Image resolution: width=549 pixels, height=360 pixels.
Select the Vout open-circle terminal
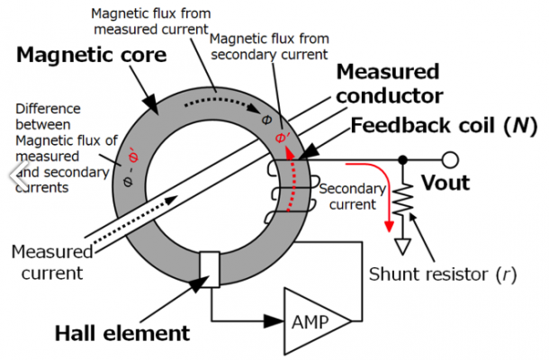click(x=450, y=160)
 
